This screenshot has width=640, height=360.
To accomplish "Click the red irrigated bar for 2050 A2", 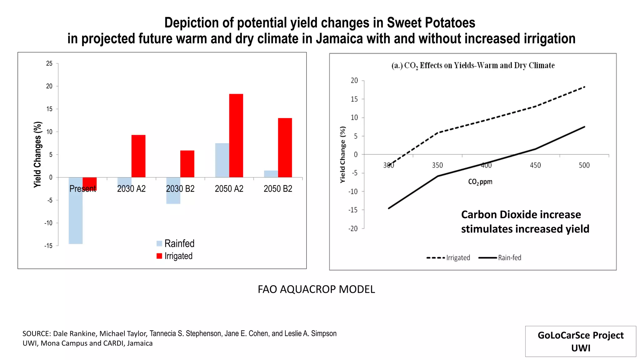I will [236, 136].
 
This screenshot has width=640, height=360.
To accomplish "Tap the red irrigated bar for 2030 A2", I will [138, 156].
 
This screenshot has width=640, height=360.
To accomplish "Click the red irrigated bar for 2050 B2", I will [285, 147].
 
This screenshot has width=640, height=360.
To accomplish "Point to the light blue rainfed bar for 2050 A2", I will [222, 160].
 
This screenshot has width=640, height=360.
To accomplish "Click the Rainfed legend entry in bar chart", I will [176, 243].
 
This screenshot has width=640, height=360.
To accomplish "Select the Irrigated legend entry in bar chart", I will [175, 256].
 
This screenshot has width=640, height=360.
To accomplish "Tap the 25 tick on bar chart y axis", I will [49, 63].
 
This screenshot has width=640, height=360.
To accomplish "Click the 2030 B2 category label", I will [180, 189].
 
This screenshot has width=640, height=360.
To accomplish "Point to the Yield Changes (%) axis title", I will [37, 154].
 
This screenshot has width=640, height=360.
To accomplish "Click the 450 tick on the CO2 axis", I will [535, 165].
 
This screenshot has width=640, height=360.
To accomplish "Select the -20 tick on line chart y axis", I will [353, 229].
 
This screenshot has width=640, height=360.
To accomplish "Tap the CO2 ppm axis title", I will [480, 182].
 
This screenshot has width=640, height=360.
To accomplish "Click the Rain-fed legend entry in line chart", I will [500, 258].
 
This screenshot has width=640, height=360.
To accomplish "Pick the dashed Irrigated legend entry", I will [448, 258].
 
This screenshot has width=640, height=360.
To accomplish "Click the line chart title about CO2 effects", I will [473, 66].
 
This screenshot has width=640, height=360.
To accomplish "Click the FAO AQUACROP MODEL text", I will [316, 289].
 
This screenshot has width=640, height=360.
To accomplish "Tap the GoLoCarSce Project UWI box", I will [580, 341].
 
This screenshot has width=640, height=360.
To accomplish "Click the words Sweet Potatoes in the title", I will [431, 23].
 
